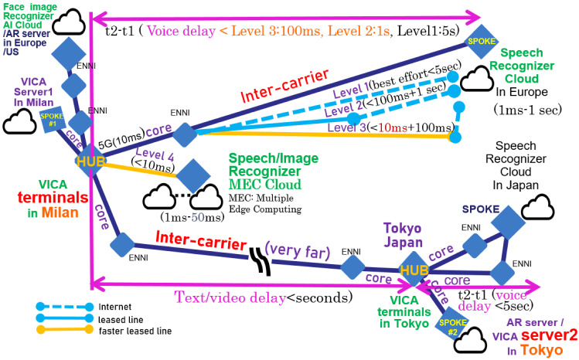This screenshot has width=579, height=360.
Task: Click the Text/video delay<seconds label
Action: (264, 297)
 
